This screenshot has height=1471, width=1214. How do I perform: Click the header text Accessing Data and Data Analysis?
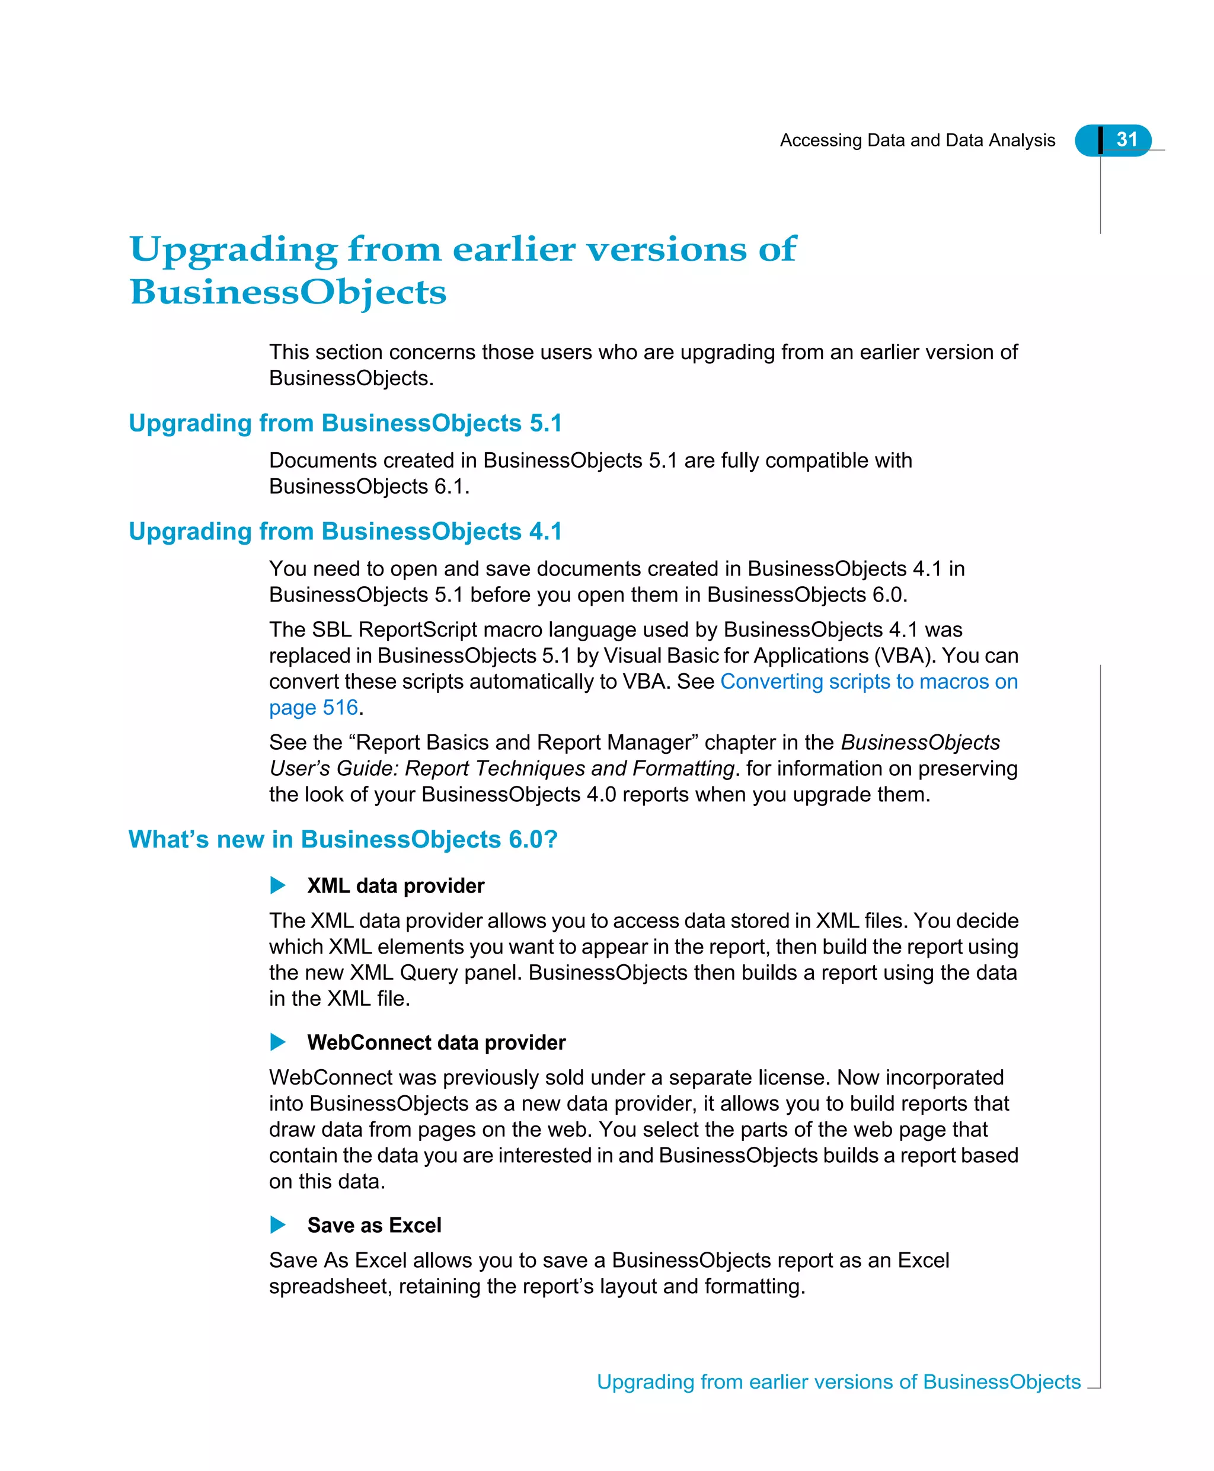point(917,140)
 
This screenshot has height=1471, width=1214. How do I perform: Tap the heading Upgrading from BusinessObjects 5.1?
point(346,423)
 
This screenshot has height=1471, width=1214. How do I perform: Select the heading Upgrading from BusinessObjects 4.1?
point(346,532)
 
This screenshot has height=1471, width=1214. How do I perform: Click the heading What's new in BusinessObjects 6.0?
point(343,839)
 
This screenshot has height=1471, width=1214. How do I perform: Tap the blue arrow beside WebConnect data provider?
point(277,1043)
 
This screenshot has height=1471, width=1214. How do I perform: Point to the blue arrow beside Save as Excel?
point(277,1225)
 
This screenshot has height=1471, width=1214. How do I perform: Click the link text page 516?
point(314,708)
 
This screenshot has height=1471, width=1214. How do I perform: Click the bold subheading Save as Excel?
point(374,1225)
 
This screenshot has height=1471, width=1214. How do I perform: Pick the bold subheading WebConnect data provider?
point(436,1043)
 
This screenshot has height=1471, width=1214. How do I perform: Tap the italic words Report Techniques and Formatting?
point(569,768)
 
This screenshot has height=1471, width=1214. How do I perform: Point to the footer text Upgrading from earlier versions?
point(755,1382)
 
